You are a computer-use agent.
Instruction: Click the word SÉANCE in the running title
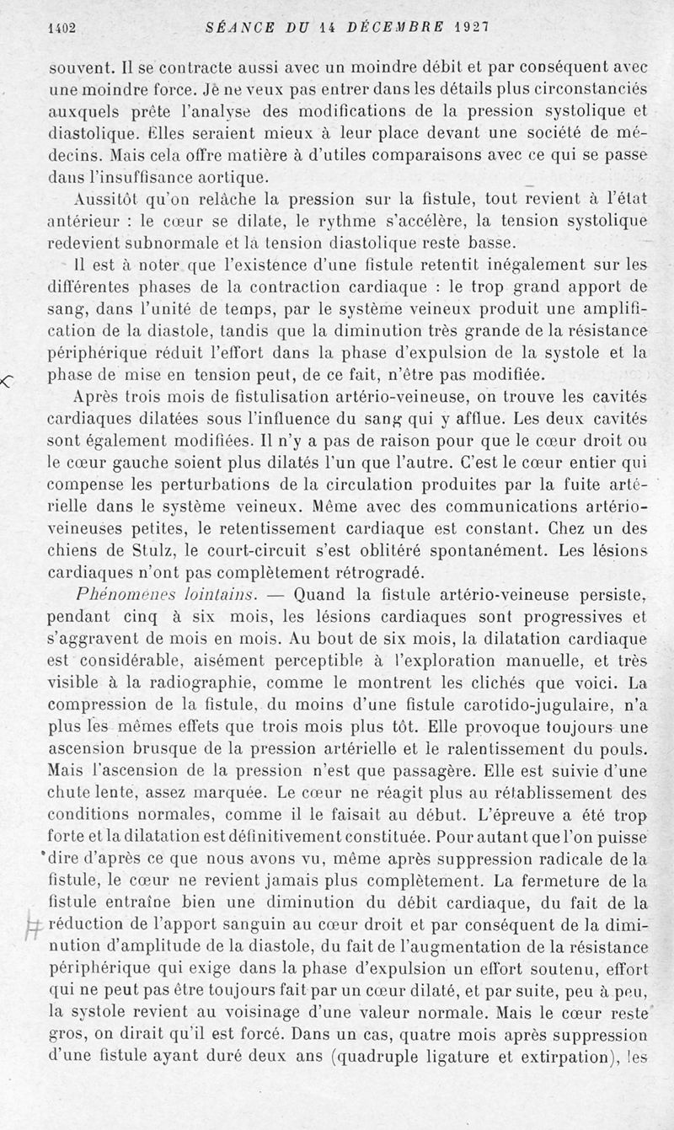tap(240, 27)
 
